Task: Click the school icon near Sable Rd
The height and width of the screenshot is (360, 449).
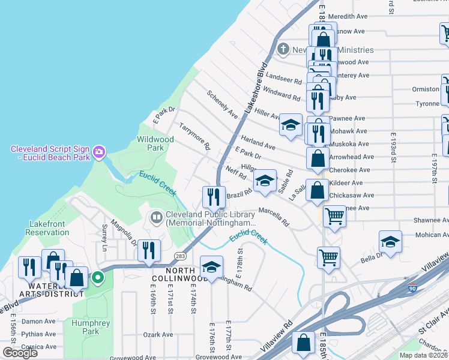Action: pos(264,181)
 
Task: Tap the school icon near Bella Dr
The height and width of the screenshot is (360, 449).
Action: pos(390,241)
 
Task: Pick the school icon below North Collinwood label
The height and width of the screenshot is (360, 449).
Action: pos(211,266)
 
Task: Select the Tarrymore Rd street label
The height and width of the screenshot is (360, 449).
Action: pos(196,136)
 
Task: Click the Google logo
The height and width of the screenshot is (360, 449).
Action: pos(20,353)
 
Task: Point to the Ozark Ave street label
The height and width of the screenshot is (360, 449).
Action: pos(158,335)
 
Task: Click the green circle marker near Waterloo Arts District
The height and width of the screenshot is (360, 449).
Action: pos(97,278)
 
